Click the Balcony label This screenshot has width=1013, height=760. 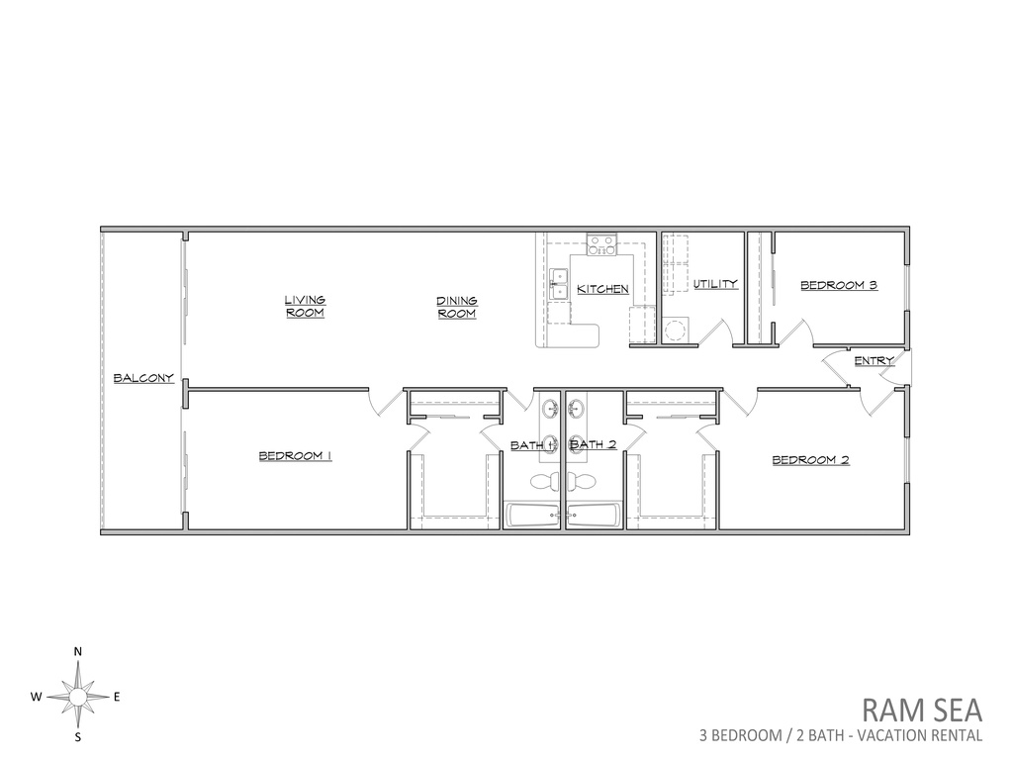pos(143,378)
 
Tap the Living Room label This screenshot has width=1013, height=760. pos(306,307)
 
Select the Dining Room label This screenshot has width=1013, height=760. pos(457,307)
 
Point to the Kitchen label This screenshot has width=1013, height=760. pos(602,289)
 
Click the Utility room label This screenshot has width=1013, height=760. pos(715,284)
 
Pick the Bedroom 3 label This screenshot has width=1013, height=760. pos(839,285)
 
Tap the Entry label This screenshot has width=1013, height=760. pos(875,360)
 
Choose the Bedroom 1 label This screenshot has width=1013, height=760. pos(295,456)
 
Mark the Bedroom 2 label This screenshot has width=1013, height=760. pos(811,460)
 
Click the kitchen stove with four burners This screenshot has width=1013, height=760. pos(602,244)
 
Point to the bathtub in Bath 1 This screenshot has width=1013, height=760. pos(533,515)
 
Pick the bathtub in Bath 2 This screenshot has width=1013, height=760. pos(595,515)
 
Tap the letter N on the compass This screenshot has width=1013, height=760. pos(78,651)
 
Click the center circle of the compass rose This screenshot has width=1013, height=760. pos(78,697)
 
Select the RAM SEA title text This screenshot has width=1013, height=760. pos(922,711)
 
